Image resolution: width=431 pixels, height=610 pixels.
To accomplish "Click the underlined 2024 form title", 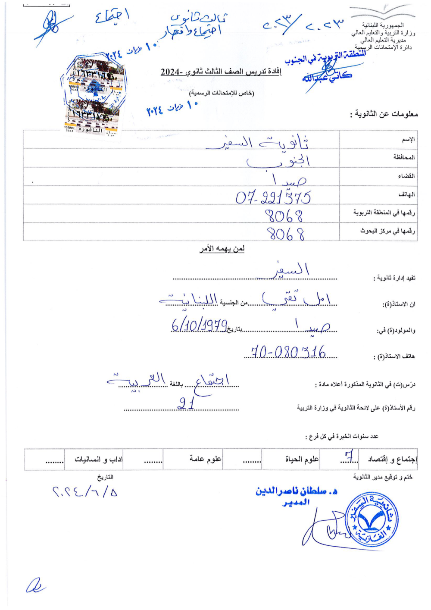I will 221,72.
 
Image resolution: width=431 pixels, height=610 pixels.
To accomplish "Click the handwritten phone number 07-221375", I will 273,197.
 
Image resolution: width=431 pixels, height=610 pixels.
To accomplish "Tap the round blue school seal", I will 372,519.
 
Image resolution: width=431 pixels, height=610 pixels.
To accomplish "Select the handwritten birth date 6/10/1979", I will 199,324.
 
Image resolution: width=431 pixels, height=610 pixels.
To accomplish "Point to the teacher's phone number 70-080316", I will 288,352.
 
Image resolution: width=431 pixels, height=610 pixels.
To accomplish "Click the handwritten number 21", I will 186,404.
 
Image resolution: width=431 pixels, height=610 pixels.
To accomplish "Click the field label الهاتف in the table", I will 406,195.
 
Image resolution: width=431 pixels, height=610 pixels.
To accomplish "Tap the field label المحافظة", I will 404,157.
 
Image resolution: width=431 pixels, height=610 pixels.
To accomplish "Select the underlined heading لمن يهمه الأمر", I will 222,249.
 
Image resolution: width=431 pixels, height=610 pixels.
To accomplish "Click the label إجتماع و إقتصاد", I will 392,460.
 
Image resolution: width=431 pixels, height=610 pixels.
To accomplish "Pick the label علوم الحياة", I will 302,460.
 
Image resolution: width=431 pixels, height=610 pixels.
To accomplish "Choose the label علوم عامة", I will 205,460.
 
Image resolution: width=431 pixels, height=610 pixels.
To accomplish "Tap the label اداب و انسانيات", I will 99,460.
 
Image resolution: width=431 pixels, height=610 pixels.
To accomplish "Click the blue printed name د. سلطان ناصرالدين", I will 296,491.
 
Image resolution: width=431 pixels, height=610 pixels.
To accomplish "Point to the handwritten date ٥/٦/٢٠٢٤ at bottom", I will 85,491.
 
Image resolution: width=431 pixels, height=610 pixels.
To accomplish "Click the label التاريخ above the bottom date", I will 105,477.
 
